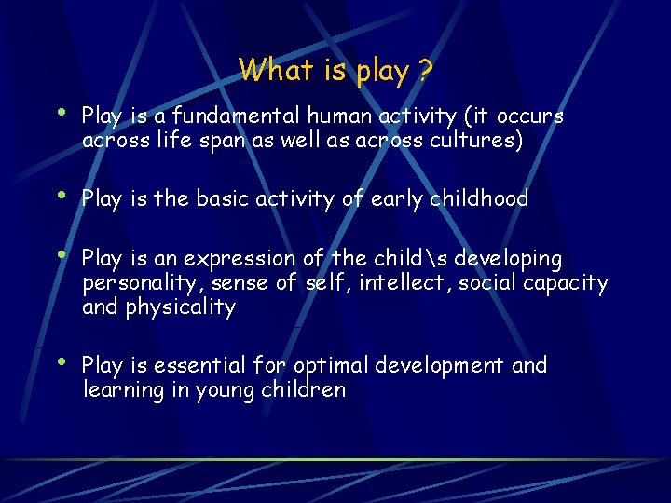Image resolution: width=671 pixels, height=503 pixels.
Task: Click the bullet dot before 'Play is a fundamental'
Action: (61, 113)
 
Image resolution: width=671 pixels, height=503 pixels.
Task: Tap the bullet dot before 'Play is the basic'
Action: (61, 195)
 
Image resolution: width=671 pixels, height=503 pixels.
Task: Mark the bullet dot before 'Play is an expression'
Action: (61, 254)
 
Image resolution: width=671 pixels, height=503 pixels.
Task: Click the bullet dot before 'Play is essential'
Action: (61, 361)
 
